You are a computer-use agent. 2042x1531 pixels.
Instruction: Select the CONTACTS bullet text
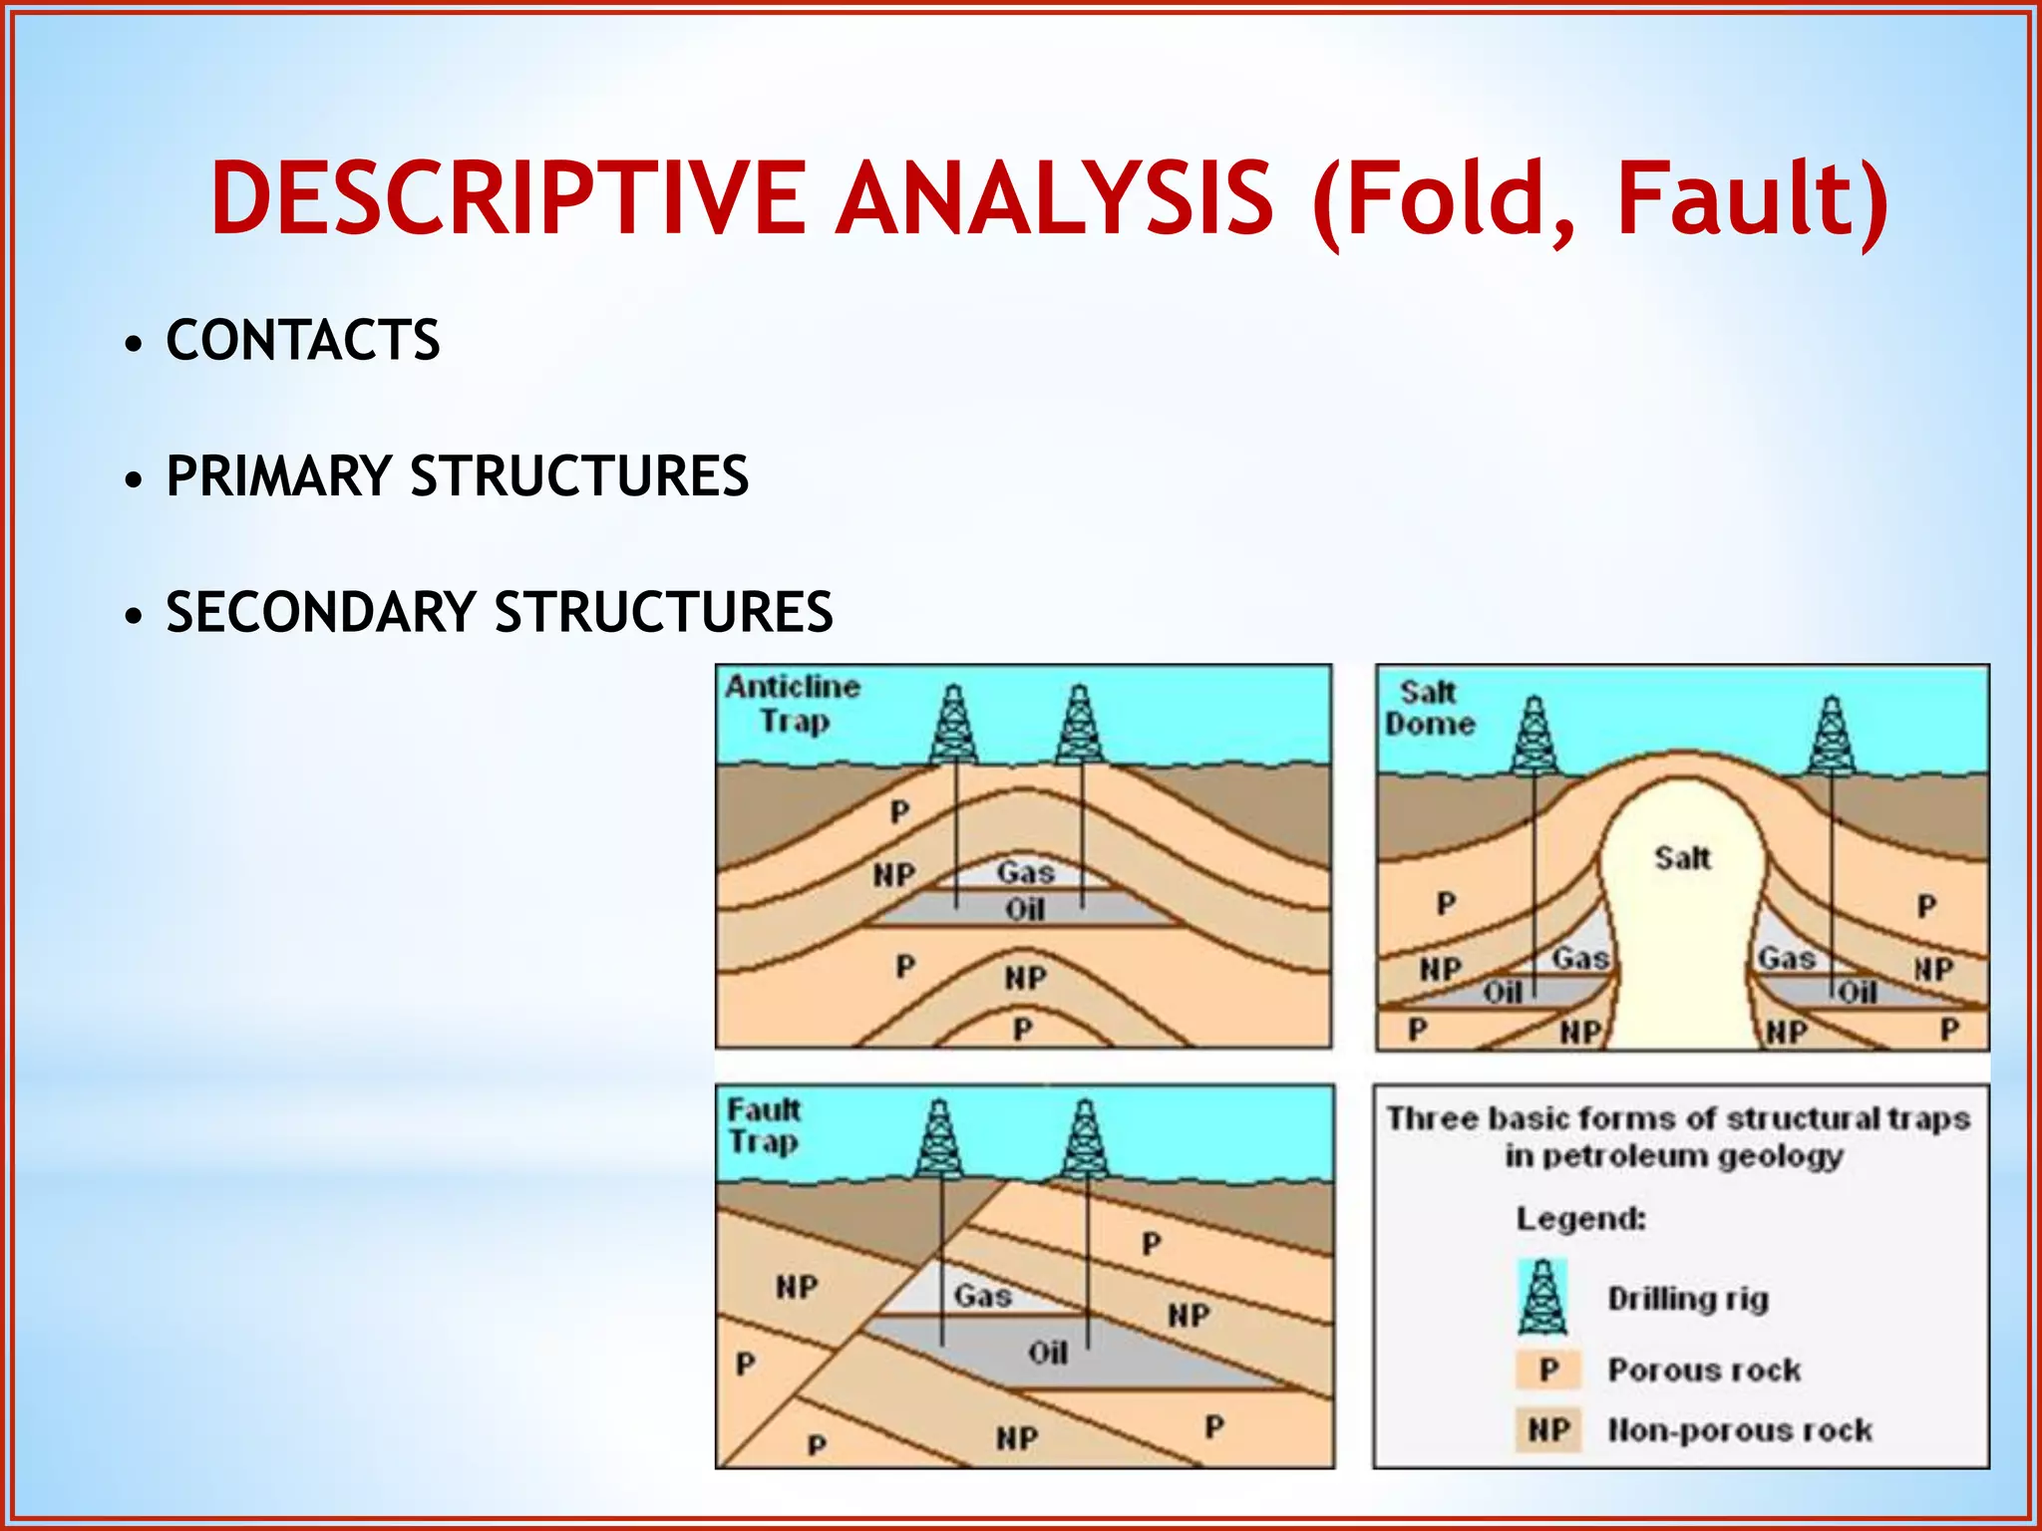click(303, 340)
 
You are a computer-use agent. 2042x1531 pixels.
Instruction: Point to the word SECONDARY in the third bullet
click(320, 611)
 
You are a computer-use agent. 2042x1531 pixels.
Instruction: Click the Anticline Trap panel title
click(794, 703)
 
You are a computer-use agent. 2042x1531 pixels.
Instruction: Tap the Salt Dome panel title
click(1429, 708)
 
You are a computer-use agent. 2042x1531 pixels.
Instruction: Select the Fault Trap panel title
click(764, 1125)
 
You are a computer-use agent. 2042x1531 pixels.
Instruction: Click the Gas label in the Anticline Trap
click(1026, 873)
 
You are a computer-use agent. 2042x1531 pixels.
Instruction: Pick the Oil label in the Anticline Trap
click(1025, 909)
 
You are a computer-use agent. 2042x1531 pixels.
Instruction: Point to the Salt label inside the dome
click(1683, 858)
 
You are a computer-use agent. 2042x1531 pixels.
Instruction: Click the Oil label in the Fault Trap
click(1048, 1353)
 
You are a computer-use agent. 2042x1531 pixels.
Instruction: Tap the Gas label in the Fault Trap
click(983, 1296)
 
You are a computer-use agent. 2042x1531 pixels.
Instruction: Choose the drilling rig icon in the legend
click(1543, 1297)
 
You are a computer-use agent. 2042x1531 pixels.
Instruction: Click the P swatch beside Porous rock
click(1548, 1370)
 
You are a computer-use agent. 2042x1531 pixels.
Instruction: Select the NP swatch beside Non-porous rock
click(1548, 1430)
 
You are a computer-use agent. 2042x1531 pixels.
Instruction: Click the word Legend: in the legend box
click(1581, 1218)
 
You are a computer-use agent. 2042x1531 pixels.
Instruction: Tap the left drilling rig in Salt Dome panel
click(1534, 737)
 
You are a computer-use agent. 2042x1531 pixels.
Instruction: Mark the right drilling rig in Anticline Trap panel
click(1080, 725)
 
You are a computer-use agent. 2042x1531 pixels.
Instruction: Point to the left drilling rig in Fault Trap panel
click(939, 1139)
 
